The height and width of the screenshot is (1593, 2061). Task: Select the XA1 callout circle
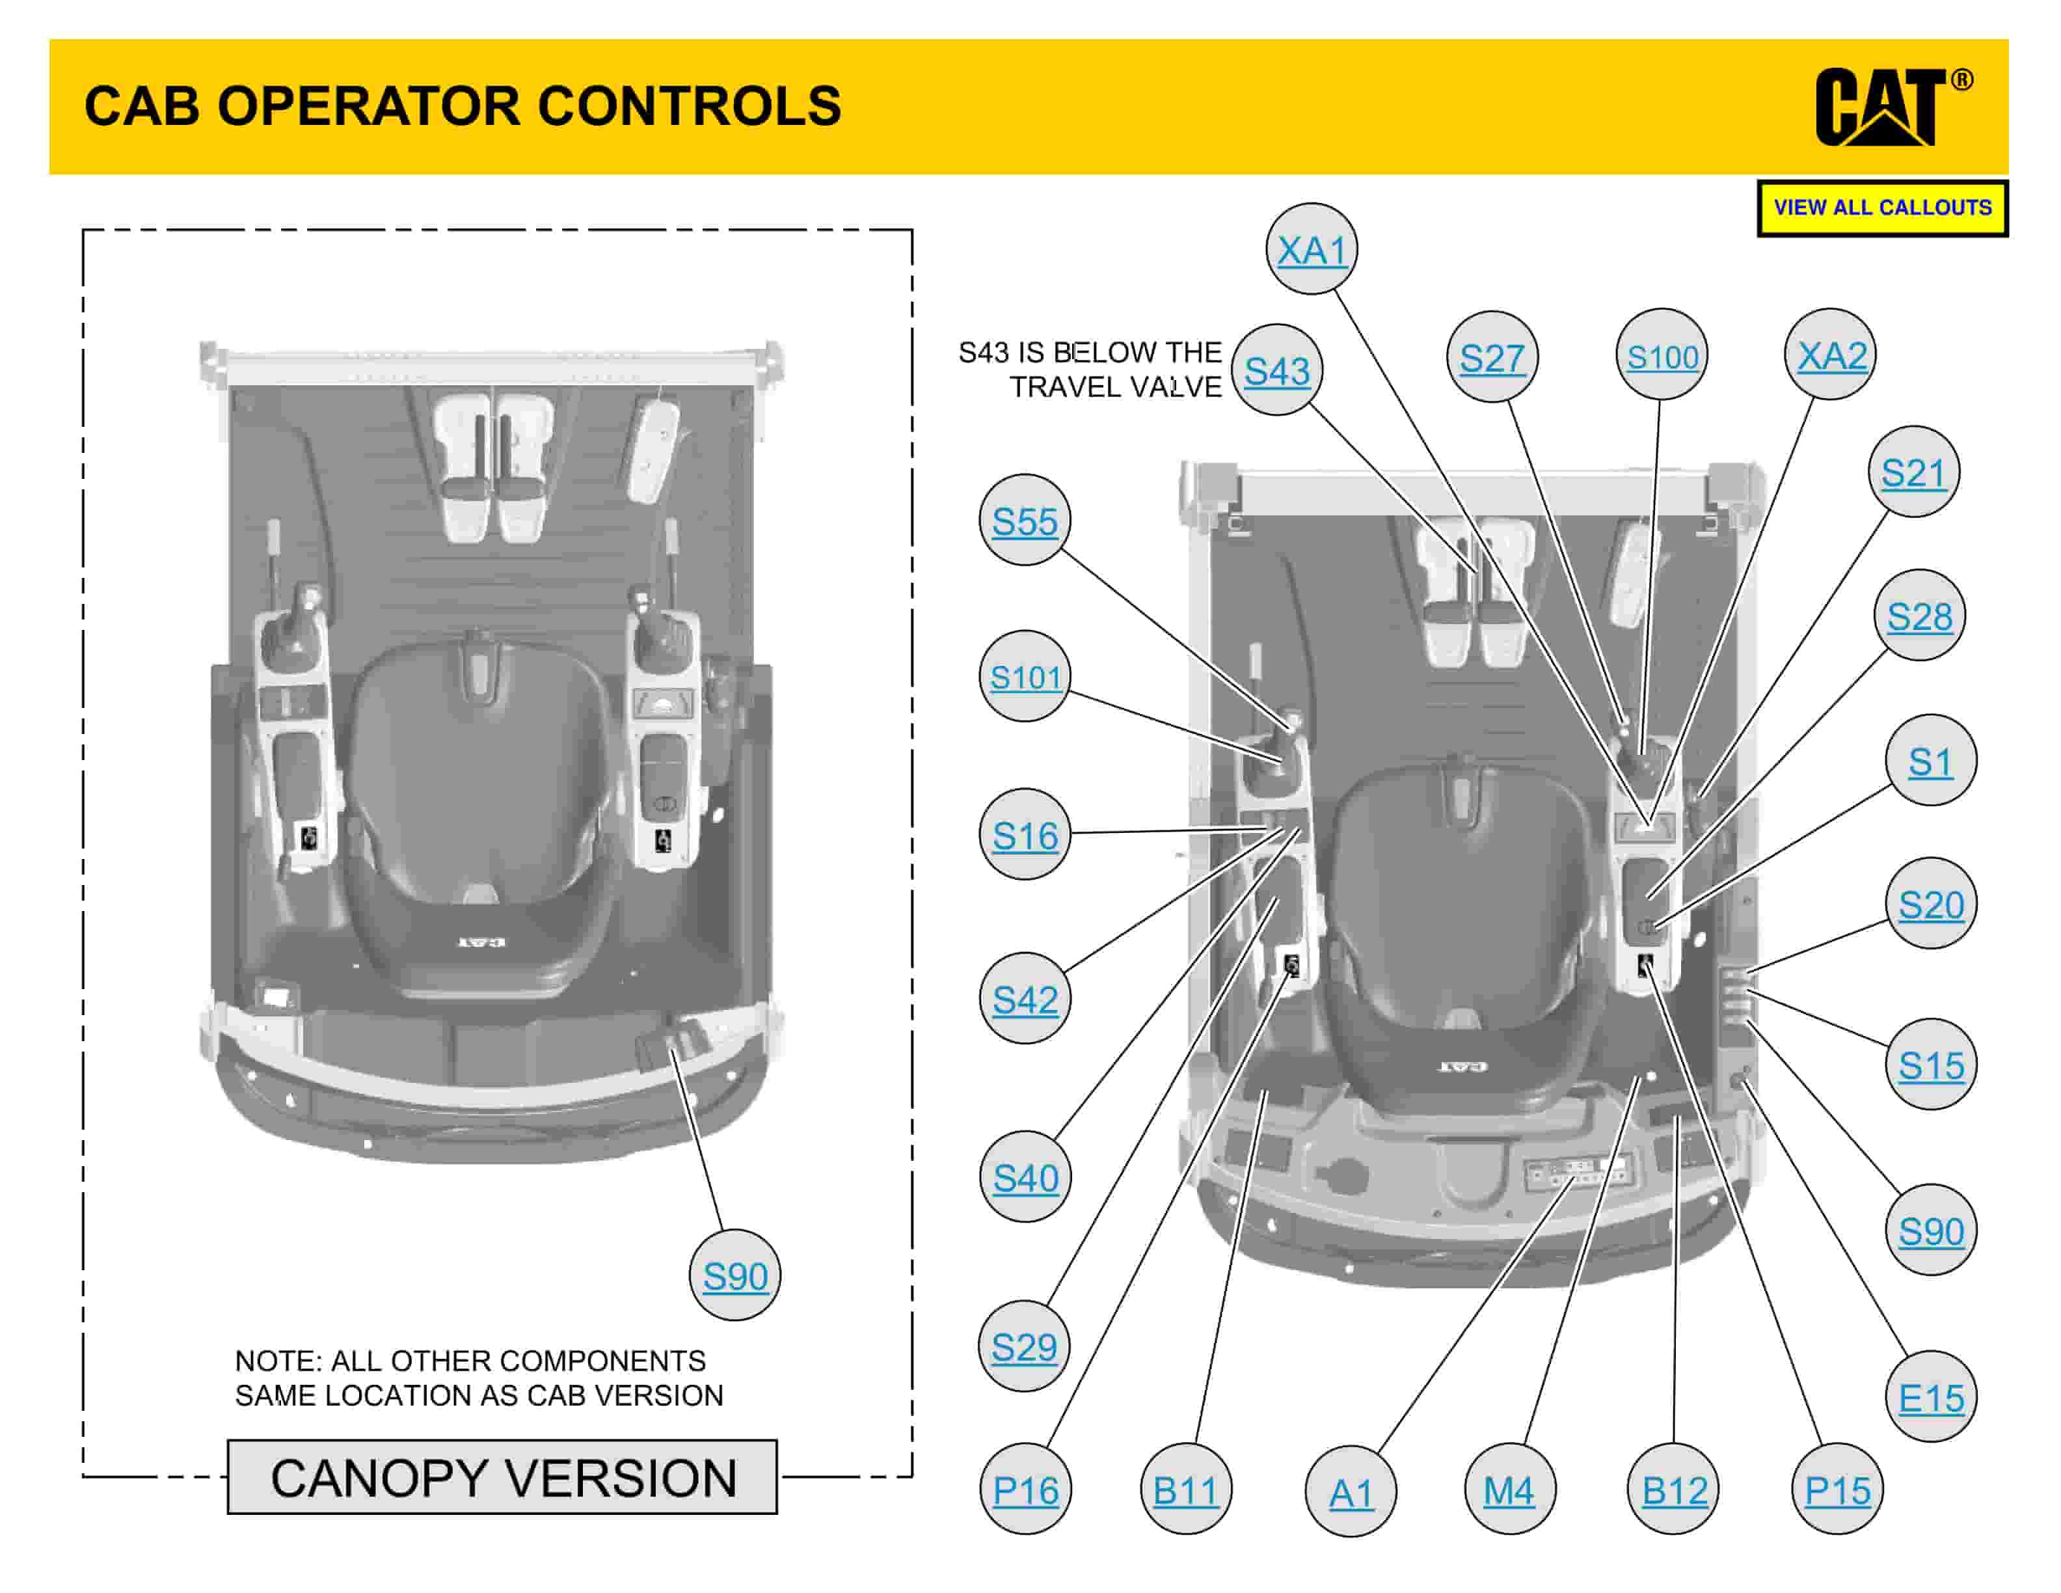point(1311,249)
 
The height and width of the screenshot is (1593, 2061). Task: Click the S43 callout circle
point(1277,371)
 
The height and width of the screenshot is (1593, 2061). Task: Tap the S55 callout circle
point(1025,521)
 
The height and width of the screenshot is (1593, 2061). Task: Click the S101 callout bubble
point(1025,677)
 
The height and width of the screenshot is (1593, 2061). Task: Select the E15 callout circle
point(1931,1398)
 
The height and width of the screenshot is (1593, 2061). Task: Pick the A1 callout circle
point(1351,1493)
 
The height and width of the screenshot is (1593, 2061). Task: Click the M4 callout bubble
point(1509,1491)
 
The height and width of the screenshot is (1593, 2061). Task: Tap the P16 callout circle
point(1026,1491)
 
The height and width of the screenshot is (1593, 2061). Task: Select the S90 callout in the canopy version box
point(735,1276)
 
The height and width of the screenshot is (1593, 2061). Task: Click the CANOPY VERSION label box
point(502,1478)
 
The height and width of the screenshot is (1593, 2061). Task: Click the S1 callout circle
point(1930,761)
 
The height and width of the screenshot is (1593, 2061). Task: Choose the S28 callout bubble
point(1919,616)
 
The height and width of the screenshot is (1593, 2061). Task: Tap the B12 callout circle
point(1674,1491)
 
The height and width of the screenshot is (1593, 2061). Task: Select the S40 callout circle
point(1026,1178)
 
